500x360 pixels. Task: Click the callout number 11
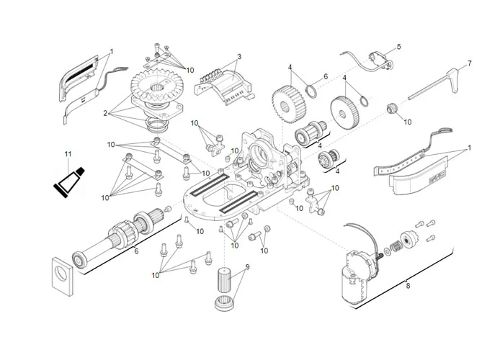pyautogui.click(x=68, y=154)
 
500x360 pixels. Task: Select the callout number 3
pyautogui.click(x=239, y=57)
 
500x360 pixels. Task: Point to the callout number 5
pyautogui.click(x=398, y=48)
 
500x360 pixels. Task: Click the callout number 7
pyautogui.click(x=469, y=63)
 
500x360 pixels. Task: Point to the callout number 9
pyautogui.click(x=247, y=267)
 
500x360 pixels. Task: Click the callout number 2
pyautogui.click(x=105, y=113)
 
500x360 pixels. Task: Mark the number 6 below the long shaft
pyautogui.click(x=135, y=251)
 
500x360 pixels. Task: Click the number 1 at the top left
pyautogui.click(x=112, y=52)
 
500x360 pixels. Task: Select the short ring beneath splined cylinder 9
pyautogui.click(x=224, y=302)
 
